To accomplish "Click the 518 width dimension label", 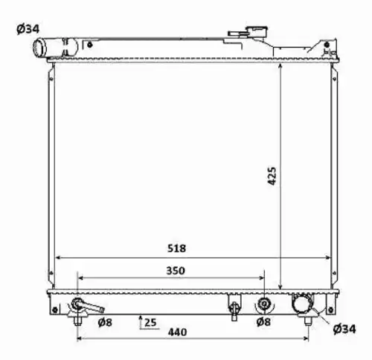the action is pyautogui.click(x=176, y=248).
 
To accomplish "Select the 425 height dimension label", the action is pyautogui.click(x=272, y=176).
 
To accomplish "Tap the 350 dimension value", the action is pyautogui.click(x=176, y=271).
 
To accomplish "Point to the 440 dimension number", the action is pyautogui.click(x=177, y=332).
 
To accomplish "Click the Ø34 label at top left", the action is pyautogui.click(x=28, y=29).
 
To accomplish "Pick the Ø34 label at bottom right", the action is pyautogui.click(x=344, y=329).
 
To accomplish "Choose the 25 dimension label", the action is pyautogui.click(x=150, y=323).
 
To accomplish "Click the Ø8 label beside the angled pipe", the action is pyautogui.click(x=105, y=322).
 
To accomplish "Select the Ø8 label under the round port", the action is pyautogui.click(x=263, y=322).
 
